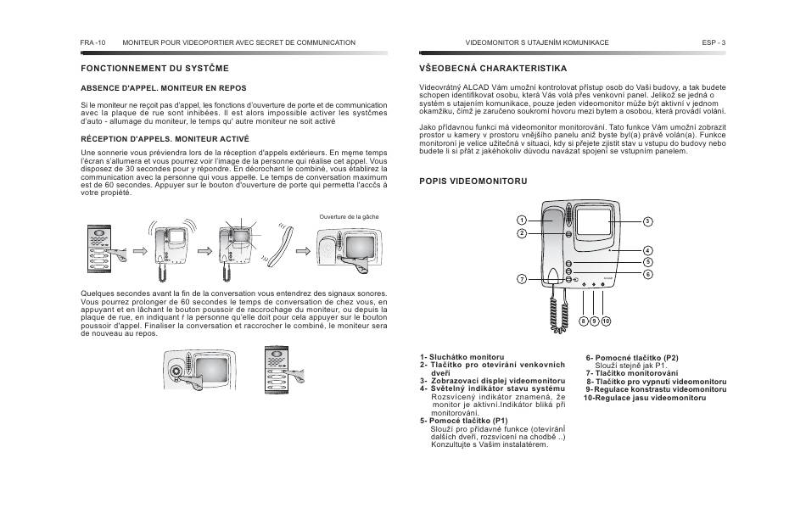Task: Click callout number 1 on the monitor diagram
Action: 523,221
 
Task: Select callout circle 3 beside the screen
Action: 646,221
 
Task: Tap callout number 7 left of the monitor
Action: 523,279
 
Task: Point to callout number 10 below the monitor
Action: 606,321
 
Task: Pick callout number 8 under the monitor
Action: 584,321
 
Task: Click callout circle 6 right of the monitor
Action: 646,274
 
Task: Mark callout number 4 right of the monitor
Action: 646,250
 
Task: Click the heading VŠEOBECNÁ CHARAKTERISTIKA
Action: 493,68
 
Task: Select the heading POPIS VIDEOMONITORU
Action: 473,181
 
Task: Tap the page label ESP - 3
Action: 714,42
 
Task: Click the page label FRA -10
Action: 92,42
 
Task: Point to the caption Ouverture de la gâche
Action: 349,217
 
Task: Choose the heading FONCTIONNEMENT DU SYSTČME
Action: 154,68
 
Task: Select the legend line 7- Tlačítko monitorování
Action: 632,373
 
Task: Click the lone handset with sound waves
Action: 283,244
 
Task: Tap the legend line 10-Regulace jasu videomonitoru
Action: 644,398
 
